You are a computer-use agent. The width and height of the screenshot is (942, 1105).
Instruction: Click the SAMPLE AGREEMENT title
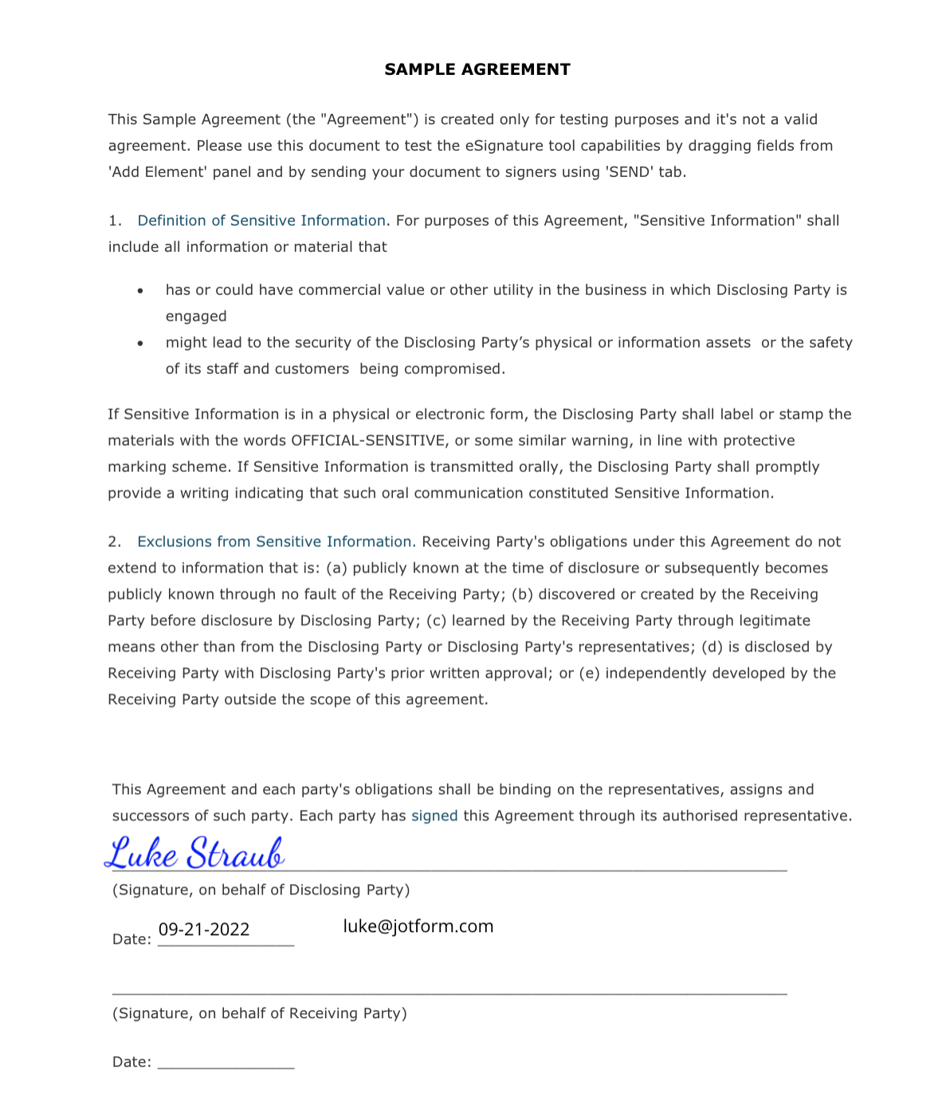[x=477, y=69]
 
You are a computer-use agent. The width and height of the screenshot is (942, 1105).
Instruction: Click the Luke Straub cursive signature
[x=195, y=854]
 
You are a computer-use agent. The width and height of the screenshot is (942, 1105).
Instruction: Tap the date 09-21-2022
[x=204, y=930]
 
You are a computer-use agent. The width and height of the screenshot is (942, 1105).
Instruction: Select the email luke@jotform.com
[x=418, y=926]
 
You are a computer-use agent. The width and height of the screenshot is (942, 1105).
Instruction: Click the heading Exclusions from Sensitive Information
[x=276, y=542]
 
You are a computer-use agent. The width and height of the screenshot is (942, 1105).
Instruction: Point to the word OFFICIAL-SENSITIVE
[x=368, y=441]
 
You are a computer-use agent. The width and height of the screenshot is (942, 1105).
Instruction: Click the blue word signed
[x=434, y=816]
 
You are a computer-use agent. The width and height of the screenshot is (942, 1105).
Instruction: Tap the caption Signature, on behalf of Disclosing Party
[x=261, y=891]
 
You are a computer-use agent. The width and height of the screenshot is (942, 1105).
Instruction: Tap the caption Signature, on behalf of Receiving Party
[x=260, y=1014]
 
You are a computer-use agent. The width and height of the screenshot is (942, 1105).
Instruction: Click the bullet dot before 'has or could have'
[x=140, y=291]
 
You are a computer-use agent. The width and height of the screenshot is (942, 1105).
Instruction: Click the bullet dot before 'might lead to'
[x=140, y=344]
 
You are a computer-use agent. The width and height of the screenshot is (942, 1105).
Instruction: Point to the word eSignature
[x=504, y=146]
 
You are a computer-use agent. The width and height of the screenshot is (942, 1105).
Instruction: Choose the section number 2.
[x=114, y=542]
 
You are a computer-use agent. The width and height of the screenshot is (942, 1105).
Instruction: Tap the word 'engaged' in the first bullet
[x=196, y=317]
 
